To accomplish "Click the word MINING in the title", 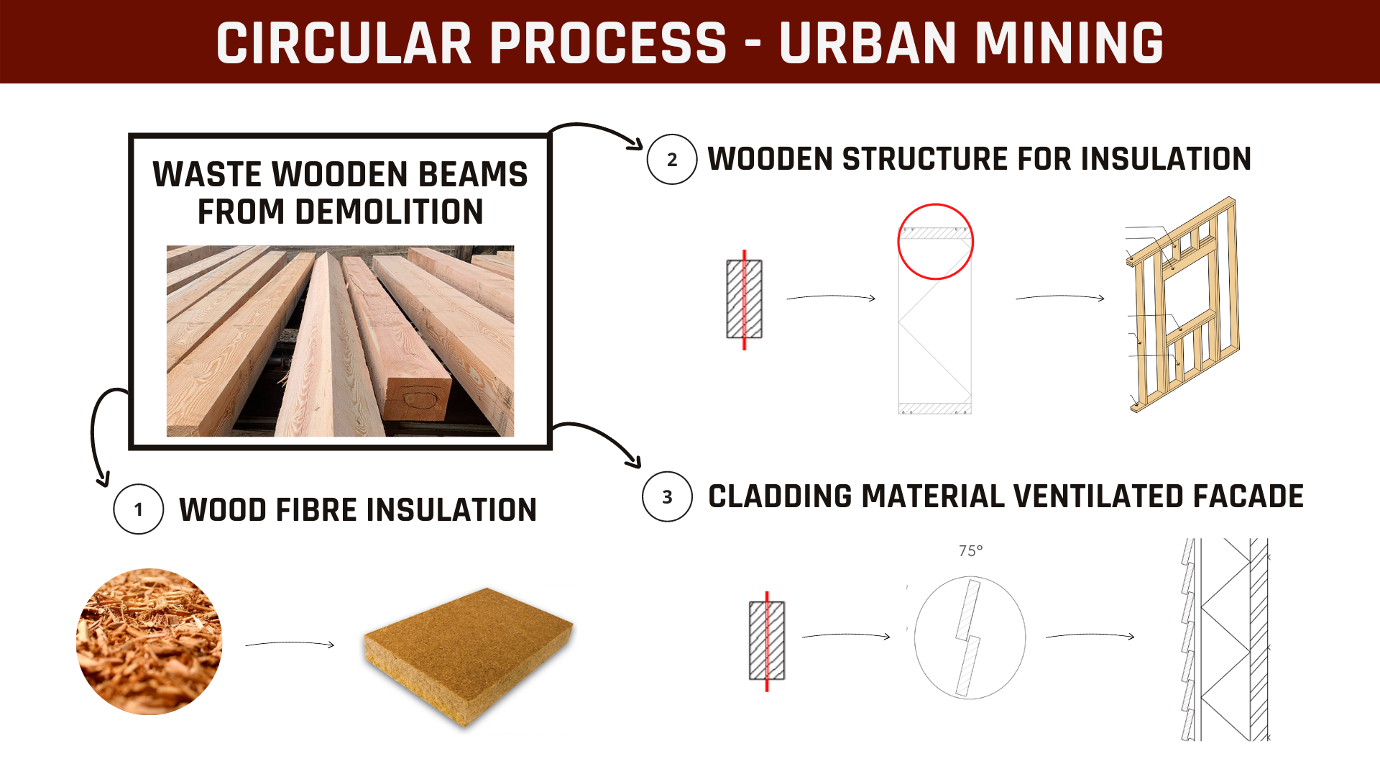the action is click(1069, 42).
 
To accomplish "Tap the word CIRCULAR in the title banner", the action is click(344, 42).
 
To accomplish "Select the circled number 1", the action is click(139, 509).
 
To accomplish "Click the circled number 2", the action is click(672, 159).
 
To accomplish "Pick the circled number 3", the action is click(668, 496).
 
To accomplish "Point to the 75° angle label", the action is click(970, 551).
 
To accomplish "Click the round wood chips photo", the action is click(149, 642).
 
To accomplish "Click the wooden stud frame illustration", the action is click(1183, 304).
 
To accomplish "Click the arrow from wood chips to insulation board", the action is click(290, 644).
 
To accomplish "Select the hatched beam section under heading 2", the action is click(745, 299).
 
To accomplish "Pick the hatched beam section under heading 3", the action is click(767, 641).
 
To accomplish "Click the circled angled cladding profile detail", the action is click(970, 637).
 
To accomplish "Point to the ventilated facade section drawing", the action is click(1225, 640).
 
